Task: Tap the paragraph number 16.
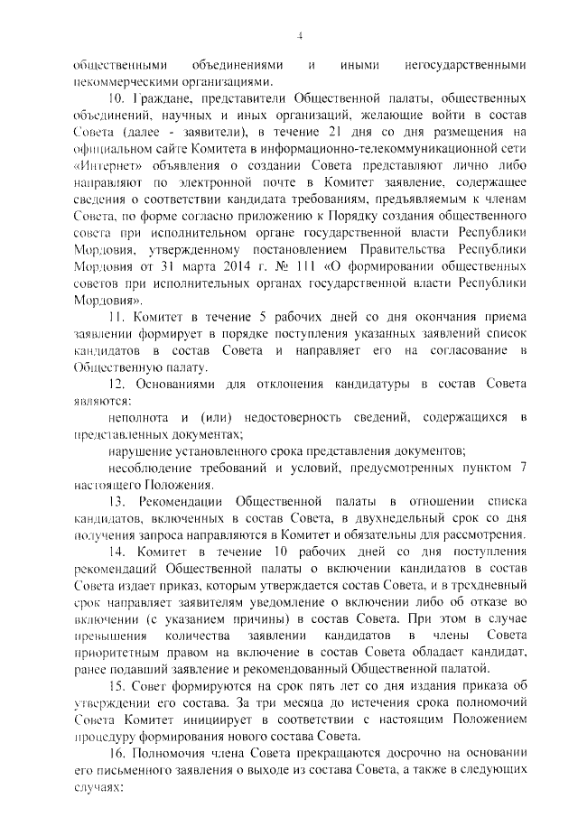117,751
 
